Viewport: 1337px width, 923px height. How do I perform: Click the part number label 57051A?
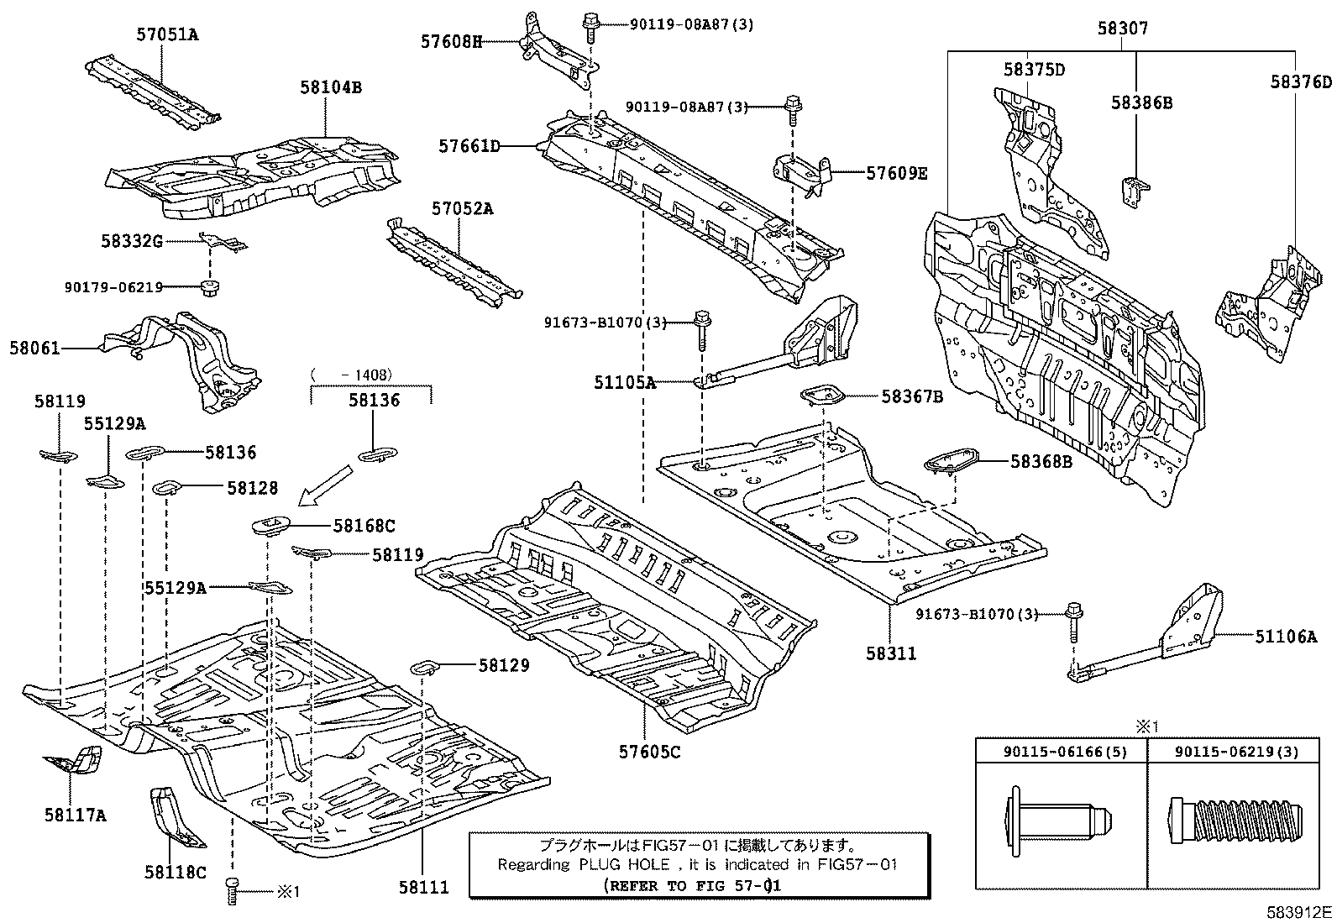coord(168,34)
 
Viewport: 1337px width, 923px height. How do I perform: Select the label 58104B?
coord(331,87)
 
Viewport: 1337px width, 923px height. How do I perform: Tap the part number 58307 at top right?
coord(1122,29)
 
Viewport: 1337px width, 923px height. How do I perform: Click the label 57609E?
coord(896,173)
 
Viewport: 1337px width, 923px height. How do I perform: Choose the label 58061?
coord(35,347)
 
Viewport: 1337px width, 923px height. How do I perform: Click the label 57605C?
coord(652,752)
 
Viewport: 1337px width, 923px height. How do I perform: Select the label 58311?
coord(889,653)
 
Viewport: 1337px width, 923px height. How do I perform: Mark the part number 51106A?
coord(1286,637)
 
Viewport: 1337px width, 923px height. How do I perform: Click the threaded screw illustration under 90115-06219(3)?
coord(1237,820)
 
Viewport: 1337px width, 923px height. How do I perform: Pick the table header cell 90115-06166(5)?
coord(1060,752)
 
